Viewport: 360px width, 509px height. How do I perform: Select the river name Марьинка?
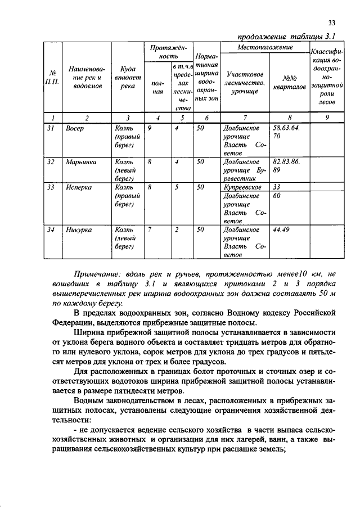80,161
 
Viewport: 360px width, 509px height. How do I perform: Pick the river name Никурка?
79,229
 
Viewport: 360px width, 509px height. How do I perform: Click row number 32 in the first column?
51,161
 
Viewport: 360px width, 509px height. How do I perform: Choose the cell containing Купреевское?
241,187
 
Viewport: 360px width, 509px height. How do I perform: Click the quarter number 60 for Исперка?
276,196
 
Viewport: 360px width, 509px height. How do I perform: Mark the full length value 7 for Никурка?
150,229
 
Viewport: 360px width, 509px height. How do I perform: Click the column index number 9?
326,118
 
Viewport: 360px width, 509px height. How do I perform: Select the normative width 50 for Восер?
200,128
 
